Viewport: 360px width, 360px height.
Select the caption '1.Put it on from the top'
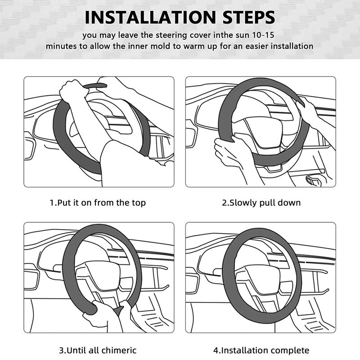[x=98, y=203]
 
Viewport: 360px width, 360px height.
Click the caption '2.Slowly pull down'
[x=261, y=203]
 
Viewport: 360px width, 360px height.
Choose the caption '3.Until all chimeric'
[x=98, y=350]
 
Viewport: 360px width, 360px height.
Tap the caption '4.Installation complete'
[x=261, y=350]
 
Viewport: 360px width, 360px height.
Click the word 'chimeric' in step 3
[x=119, y=350]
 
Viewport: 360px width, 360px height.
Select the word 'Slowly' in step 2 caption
[x=243, y=203]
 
